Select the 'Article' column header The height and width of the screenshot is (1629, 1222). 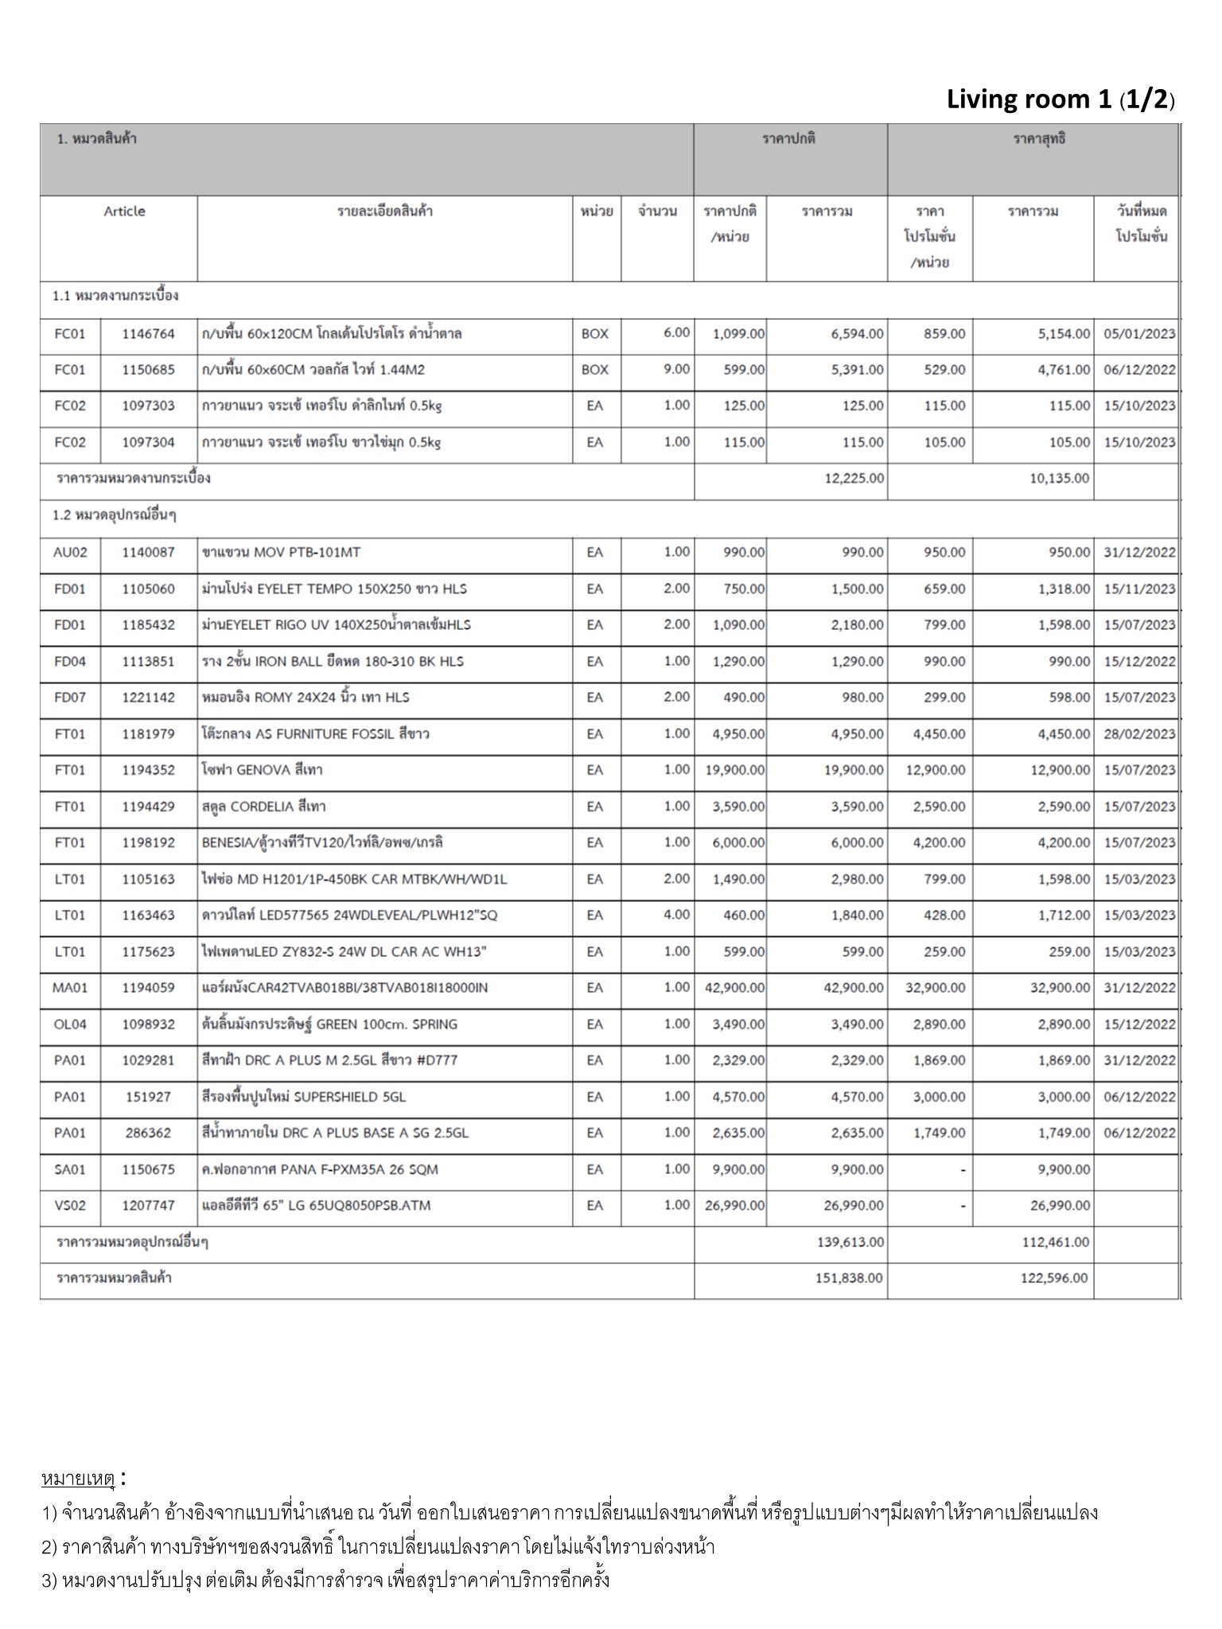124,212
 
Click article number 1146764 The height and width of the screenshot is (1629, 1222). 148,334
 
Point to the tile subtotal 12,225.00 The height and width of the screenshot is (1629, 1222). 854,479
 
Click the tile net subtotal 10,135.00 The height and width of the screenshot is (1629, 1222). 1059,479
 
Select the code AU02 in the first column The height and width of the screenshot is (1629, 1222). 70,553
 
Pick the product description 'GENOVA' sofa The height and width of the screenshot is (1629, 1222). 263,770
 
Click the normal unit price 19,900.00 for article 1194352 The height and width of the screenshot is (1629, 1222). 734,770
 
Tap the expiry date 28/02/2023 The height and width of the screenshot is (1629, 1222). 1139,734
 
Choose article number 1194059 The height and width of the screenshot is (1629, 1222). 148,988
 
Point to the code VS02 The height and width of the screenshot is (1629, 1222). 70,1206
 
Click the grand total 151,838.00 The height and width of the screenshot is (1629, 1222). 848,1278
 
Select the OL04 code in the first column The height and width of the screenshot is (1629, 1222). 70,1024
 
